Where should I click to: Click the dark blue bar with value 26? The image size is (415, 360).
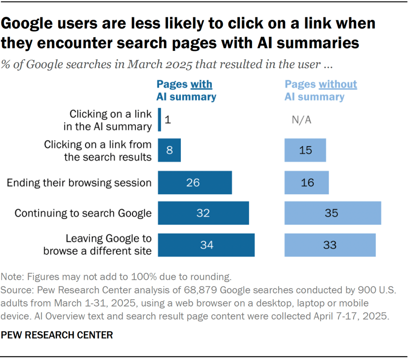click(x=195, y=182)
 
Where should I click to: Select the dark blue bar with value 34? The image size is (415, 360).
click(x=206, y=245)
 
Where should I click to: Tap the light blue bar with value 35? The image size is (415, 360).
click(x=332, y=214)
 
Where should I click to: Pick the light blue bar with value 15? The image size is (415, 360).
click(x=305, y=150)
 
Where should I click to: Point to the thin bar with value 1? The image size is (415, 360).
click(x=160, y=120)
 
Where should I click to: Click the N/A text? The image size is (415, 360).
click(x=302, y=120)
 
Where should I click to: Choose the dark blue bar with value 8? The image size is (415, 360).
click(x=169, y=150)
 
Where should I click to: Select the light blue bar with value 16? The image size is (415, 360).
click(x=306, y=182)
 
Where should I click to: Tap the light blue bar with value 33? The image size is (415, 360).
click(x=330, y=245)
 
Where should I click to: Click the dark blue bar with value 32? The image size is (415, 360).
click(x=203, y=214)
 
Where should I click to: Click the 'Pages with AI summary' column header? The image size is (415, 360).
click(x=186, y=90)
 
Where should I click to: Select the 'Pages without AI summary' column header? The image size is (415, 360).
click(x=320, y=90)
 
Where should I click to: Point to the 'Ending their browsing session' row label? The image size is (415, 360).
click(x=79, y=183)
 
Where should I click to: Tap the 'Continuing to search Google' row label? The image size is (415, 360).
click(x=83, y=214)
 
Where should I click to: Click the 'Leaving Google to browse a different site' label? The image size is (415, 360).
click(x=97, y=244)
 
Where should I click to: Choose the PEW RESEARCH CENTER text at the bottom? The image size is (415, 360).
click(x=57, y=335)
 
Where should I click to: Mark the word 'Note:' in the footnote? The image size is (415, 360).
click(x=13, y=276)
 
